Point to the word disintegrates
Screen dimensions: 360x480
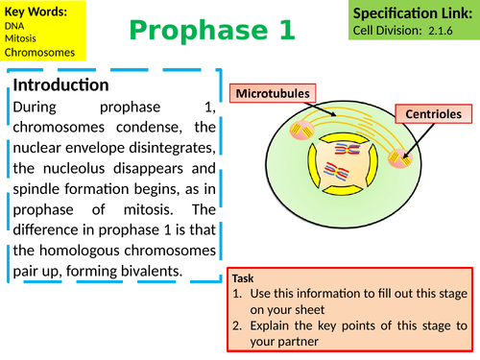point(169,148)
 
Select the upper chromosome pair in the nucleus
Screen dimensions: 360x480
point(348,151)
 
